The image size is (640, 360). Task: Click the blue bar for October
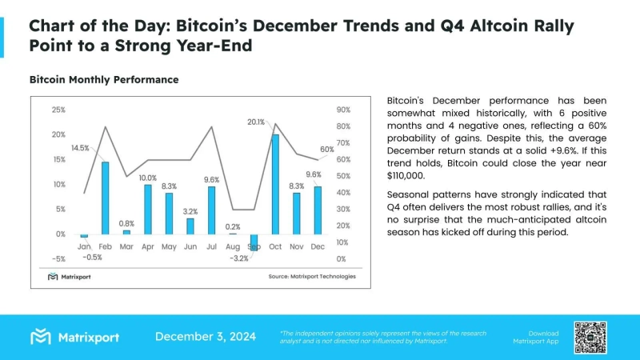coord(275,184)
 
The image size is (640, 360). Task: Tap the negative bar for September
coord(254,242)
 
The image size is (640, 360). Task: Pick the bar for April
coord(147,209)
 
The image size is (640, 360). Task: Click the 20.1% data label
coord(256,122)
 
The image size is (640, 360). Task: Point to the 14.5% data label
coord(80,148)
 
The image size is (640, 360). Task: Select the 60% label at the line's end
coord(327,150)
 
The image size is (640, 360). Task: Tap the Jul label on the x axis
coord(211,247)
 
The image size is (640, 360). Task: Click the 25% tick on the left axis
coord(58,110)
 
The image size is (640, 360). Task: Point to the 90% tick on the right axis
coord(342,110)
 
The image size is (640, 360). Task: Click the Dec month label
coord(318,247)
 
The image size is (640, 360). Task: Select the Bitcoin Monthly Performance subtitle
coord(103,80)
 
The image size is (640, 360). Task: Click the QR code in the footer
coord(590,337)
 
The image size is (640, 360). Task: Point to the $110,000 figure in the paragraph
coord(406,176)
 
